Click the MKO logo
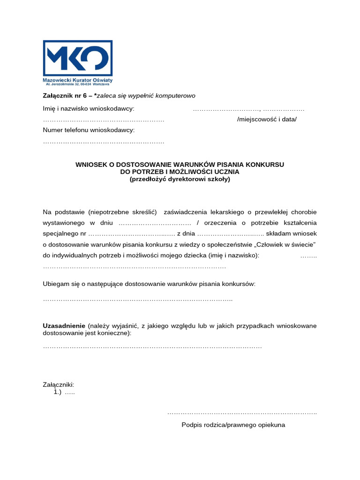pos(77,58)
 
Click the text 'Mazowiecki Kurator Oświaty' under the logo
pos(77,81)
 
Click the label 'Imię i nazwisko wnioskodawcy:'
pos(89,109)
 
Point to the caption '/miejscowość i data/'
pos(267,119)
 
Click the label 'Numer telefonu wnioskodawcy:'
pos(89,129)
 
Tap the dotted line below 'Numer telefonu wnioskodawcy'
pos(104,141)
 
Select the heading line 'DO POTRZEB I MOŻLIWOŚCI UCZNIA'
pos(180,172)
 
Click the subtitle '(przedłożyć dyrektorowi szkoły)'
pos(180,179)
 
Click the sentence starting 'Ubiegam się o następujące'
pos(149,284)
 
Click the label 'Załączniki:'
pos(59,384)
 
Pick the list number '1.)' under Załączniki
pos(58,392)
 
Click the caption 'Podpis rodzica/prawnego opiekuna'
pos(233,425)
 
